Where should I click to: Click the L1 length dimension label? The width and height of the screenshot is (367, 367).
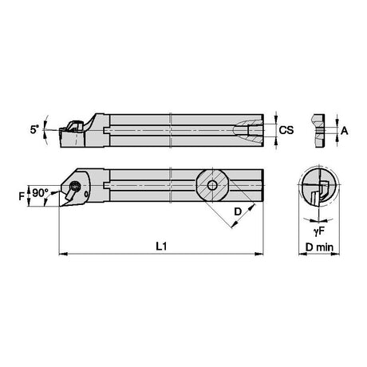tap(161, 247)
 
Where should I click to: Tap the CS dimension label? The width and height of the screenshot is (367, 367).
tap(286, 130)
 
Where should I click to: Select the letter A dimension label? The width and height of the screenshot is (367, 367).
tap(345, 131)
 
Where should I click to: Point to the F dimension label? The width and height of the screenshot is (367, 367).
tap(22, 196)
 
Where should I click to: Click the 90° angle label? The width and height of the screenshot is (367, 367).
tap(41, 193)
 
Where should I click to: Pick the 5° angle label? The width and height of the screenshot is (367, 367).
tap(34, 129)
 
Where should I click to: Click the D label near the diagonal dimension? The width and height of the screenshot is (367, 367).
tap(238, 211)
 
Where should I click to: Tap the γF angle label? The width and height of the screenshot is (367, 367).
tap(319, 231)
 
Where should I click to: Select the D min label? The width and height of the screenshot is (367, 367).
tap(319, 247)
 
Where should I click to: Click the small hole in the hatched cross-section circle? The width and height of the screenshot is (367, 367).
tap(212, 185)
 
